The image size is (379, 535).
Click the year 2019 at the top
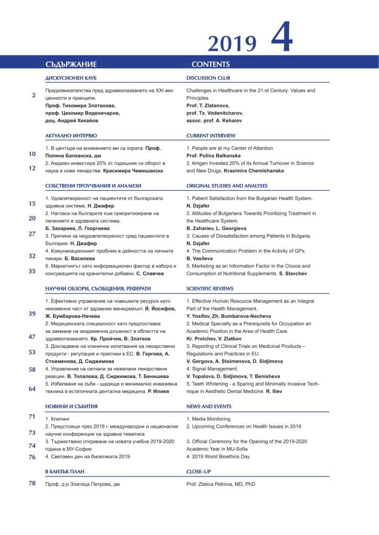[x=232, y=44]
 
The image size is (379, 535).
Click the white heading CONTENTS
[x=211, y=65]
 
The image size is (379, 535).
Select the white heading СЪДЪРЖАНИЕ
[x=71, y=65]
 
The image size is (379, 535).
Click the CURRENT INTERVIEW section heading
[x=210, y=135]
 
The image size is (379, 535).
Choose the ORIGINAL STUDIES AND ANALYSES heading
[x=227, y=185]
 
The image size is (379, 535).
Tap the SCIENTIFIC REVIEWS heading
[x=210, y=288]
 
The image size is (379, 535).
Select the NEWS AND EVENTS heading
[x=209, y=406]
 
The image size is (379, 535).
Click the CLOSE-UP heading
[x=198, y=471]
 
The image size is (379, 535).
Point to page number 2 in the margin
[x=33, y=95]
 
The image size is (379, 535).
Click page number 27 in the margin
[x=32, y=234]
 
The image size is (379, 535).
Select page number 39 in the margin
[x=32, y=313]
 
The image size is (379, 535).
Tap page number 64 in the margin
[x=32, y=389]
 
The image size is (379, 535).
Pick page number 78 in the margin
[x=32, y=483]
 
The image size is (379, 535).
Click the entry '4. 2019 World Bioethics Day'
[x=218, y=457]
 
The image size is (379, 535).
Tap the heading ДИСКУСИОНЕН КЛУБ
[x=71, y=78]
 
